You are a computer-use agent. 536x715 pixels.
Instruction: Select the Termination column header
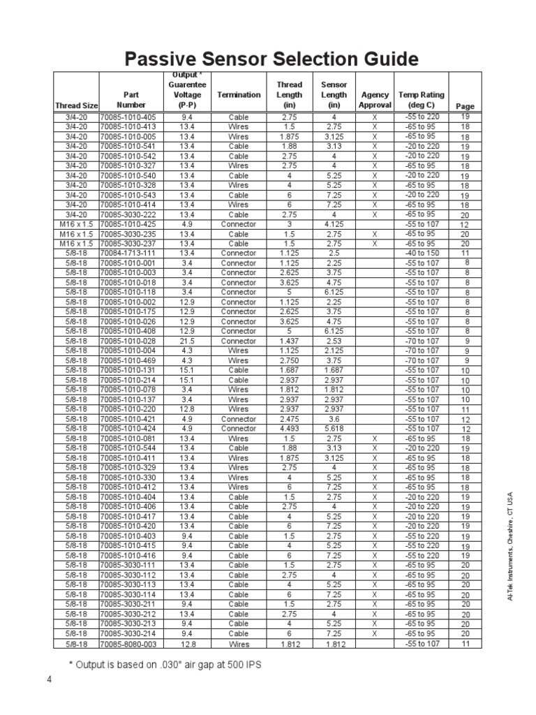(239, 95)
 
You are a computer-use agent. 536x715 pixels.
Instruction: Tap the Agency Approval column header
(375, 100)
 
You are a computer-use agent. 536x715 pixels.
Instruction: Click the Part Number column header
(131, 100)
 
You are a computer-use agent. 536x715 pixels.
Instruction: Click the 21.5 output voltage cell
(187, 341)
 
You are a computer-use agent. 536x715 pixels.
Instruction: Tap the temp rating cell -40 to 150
(422, 253)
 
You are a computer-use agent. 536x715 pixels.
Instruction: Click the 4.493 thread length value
(289, 429)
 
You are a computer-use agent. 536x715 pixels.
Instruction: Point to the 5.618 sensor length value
(334, 429)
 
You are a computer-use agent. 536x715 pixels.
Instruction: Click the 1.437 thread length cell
(289, 341)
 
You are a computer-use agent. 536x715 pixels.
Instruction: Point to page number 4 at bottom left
(50, 679)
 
